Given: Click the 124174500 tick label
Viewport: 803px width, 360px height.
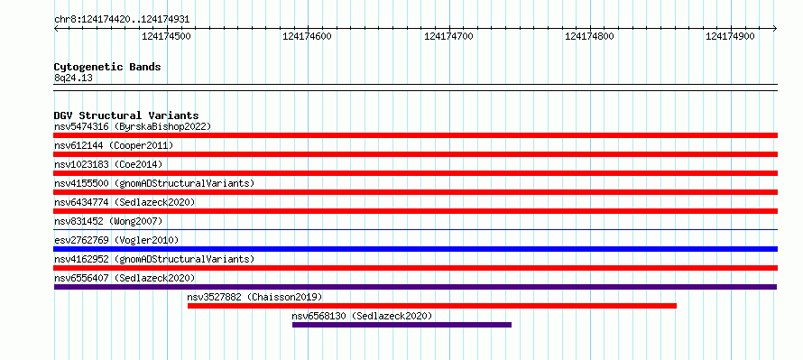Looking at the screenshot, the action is coord(166,36).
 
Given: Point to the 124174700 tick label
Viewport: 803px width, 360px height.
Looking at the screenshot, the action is coord(448,36).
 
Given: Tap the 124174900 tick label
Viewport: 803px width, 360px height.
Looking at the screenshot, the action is coord(730,36).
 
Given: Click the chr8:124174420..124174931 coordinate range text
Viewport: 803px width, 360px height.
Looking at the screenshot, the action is coord(122,20).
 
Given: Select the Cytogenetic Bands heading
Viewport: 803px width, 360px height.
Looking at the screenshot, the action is coord(107,67).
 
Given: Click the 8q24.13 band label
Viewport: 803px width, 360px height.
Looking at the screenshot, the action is coord(73,78).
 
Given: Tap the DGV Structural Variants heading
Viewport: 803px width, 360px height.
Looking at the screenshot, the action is coord(126,115).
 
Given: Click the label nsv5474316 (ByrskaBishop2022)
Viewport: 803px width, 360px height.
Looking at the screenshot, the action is coord(133,126).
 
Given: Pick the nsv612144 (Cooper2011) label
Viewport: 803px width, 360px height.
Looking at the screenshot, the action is coord(114,145).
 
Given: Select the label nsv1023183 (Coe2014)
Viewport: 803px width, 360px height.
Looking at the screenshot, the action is coord(108,164).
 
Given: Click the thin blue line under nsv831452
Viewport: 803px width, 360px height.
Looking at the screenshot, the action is coord(415,230).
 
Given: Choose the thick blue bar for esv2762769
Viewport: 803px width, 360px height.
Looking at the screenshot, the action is coord(415,249).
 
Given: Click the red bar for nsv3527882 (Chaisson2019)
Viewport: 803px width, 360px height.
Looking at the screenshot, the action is coord(431,306).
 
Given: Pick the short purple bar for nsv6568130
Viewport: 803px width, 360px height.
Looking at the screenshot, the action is coord(401,325).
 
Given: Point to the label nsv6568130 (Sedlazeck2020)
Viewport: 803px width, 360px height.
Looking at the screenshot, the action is coord(362,316).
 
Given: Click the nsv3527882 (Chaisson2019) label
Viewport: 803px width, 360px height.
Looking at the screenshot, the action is coord(254,297).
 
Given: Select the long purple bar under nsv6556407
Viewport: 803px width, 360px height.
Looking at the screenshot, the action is coord(415,287).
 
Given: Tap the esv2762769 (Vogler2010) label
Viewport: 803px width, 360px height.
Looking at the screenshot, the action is coord(116,240).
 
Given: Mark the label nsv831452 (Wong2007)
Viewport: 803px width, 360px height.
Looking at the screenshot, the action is coord(108,221).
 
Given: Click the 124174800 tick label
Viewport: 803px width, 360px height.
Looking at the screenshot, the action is coord(589,36).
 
